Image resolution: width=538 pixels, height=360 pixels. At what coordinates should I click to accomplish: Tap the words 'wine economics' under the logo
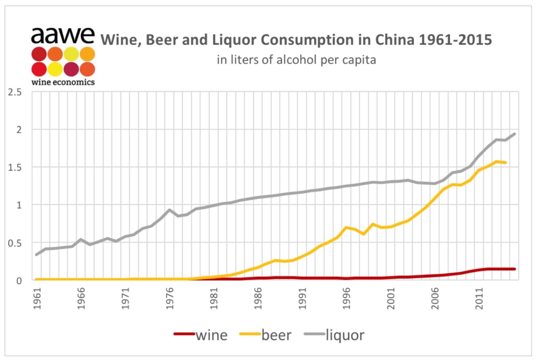(x=63, y=82)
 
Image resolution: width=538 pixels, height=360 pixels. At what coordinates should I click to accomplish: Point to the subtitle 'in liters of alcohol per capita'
(x=296, y=60)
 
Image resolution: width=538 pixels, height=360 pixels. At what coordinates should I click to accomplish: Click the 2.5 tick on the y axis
(x=15, y=92)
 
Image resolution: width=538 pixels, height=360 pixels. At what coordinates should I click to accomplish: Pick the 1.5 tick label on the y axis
(x=15, y=167)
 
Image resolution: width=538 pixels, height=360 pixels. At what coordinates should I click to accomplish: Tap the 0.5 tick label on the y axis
(x=15, y=243)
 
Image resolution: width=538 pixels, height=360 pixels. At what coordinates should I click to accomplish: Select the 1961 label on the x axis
(x=37, y=299)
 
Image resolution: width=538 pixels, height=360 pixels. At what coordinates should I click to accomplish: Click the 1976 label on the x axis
(x=170, y=299)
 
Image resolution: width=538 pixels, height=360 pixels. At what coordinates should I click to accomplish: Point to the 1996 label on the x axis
(x=346, y=299)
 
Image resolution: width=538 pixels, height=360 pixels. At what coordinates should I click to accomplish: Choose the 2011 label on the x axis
(x=479, y=299)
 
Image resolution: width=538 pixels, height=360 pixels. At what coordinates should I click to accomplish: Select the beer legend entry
(x=266, y=335)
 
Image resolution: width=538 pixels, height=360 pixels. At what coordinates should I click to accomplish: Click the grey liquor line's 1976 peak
(x=170, y=210)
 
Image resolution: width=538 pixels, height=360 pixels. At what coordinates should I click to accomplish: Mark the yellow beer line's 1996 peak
(x=346, y=227)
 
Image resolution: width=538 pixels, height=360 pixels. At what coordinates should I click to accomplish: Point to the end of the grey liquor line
(x=514, y=134)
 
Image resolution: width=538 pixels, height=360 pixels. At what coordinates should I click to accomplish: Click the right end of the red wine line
(x=514, y=269)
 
